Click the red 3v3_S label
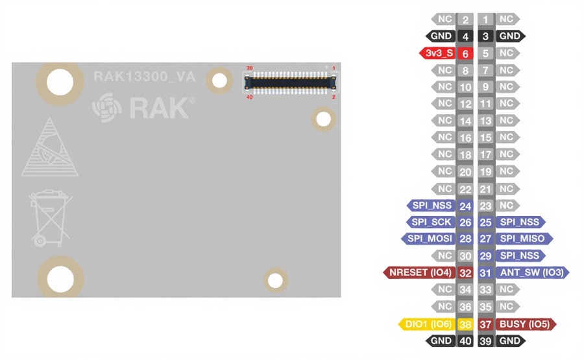click(438, 53)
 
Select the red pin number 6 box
click(465, 53)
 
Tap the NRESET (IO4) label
click(419, 272)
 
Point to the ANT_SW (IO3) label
click(531, 272)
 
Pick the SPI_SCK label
click(431, 222)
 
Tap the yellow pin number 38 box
click(465, 323)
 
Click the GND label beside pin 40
click(441, 340)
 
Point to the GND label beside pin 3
click(510, 36)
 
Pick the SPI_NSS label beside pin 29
click(520, 256)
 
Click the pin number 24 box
click(465, 205)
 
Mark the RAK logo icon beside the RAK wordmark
click(106, 107)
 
